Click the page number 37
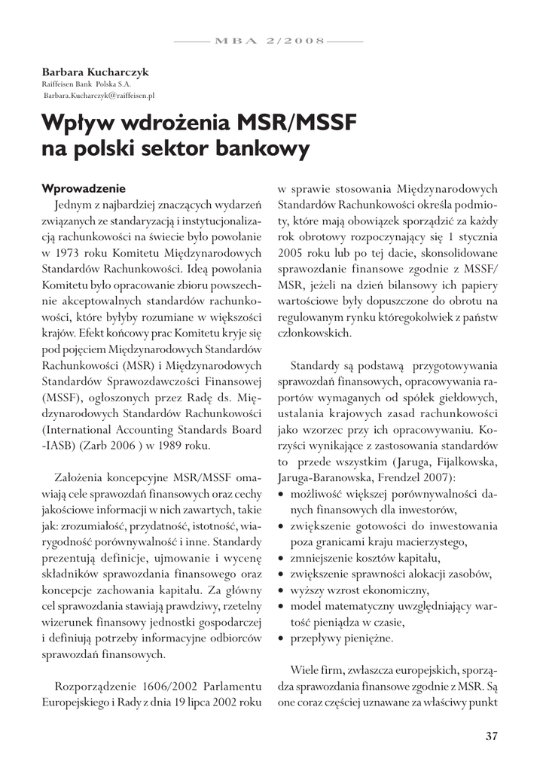pyautogui.click(x=491, y=736)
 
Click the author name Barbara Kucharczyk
pyautogui.click(x=96, y=72)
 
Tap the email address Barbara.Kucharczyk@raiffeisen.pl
pyautogui.click(x=99, y=96)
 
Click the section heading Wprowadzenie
pyautogui.click(x=84, y=187)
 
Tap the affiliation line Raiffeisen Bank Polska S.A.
pyautogui.click(x=87, y=84)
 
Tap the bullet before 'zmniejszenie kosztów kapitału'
pyautogui.click(x=281, y=558)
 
